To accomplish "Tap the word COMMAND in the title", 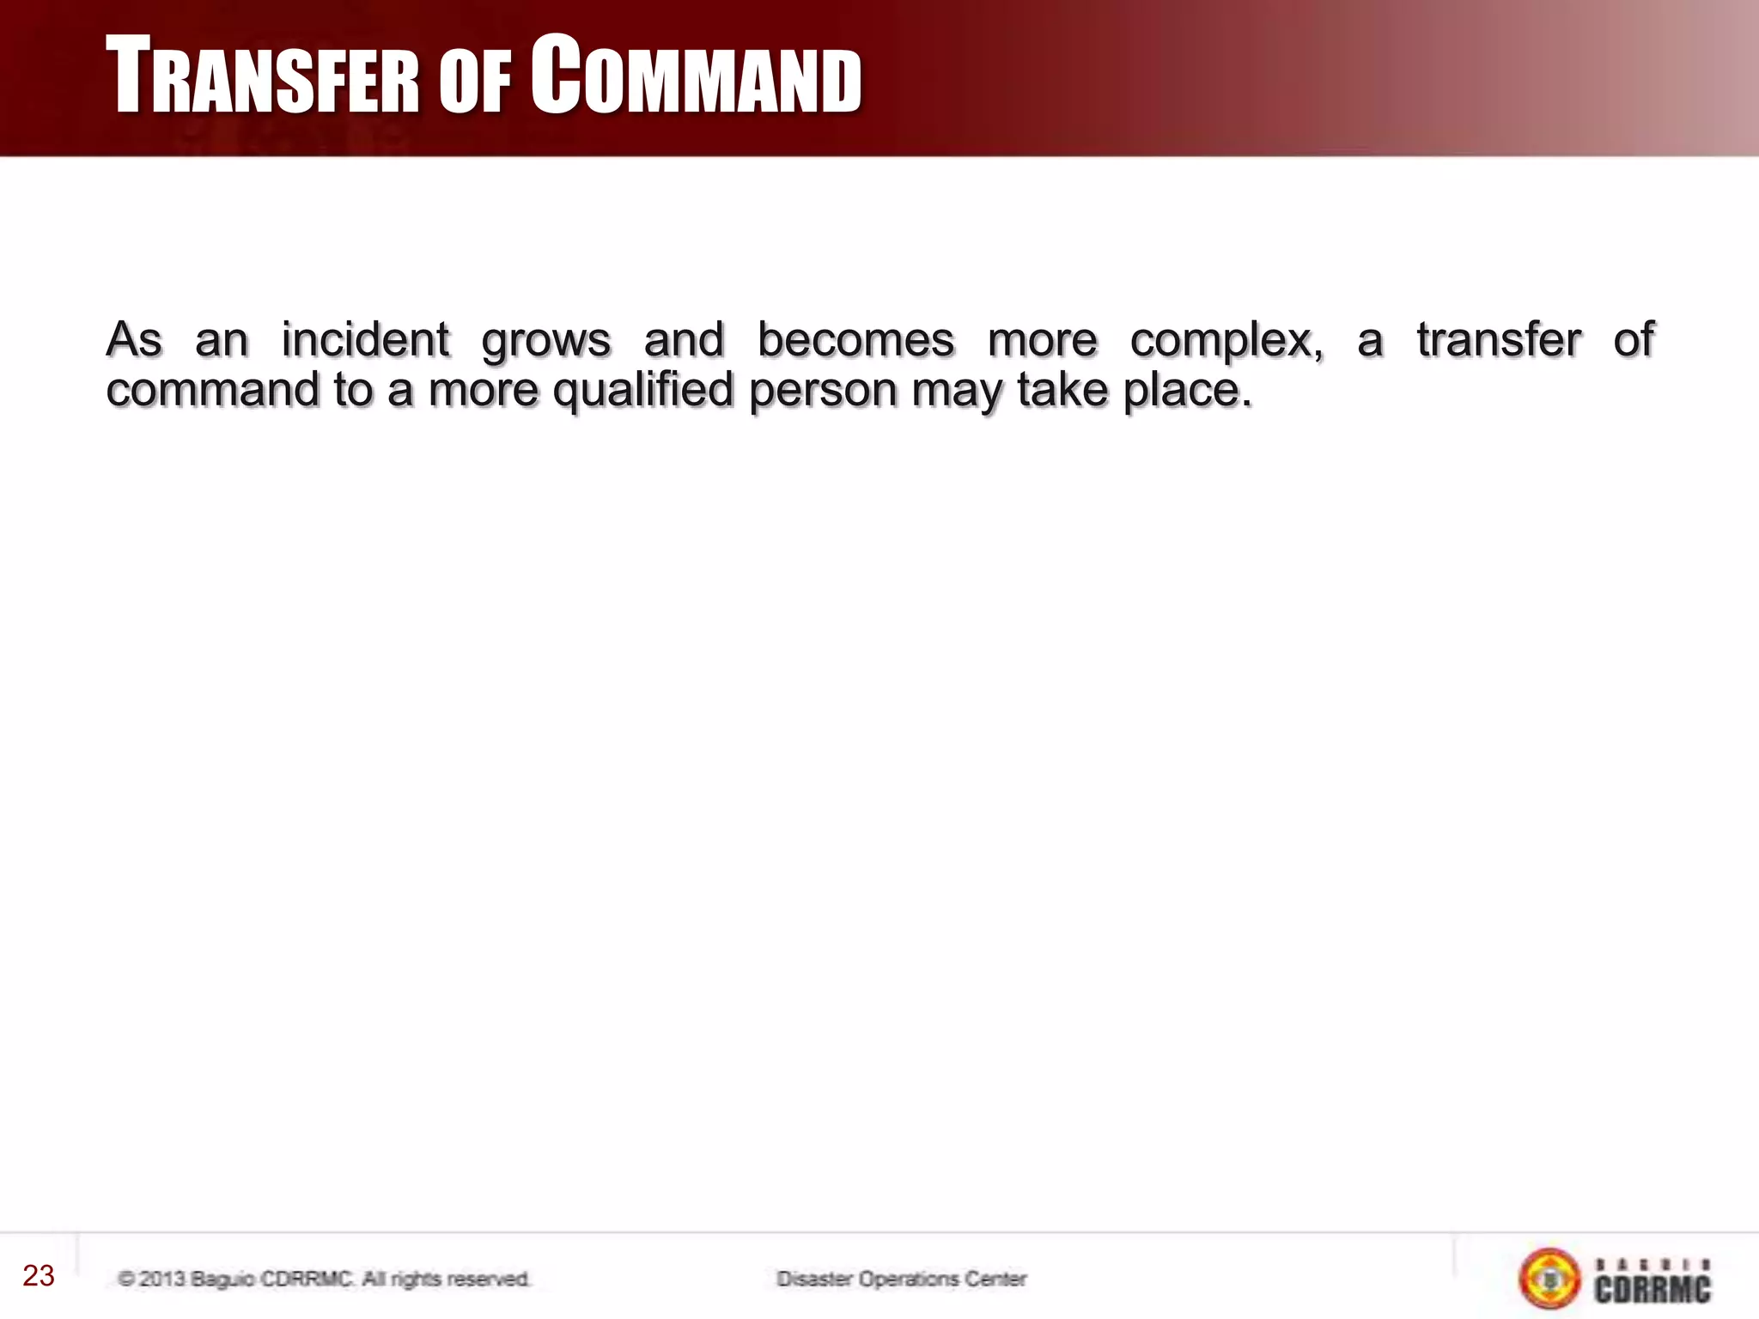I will (696, 77).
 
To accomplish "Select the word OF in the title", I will (475, 82).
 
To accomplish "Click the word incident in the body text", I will (365, 339).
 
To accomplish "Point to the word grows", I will (546, 341).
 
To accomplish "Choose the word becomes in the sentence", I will (855, 339).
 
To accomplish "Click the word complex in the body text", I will (1225, 341).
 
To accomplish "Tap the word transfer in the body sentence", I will (1499, 339).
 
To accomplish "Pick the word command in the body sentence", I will (212, 391).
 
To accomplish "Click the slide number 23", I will (39, 1276).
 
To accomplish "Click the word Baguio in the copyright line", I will (222, 1279).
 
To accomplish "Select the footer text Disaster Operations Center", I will (901, 1279).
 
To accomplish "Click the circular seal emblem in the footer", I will (1549, 1279).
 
